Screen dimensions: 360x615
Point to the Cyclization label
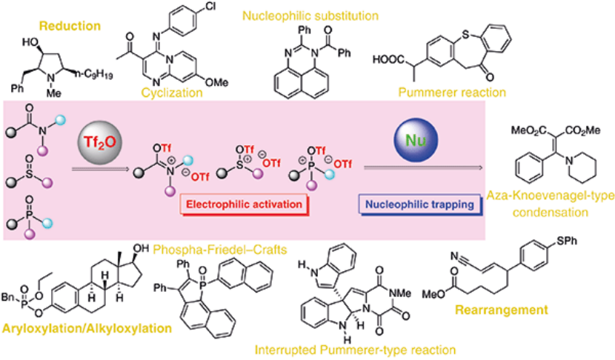(173, 93)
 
